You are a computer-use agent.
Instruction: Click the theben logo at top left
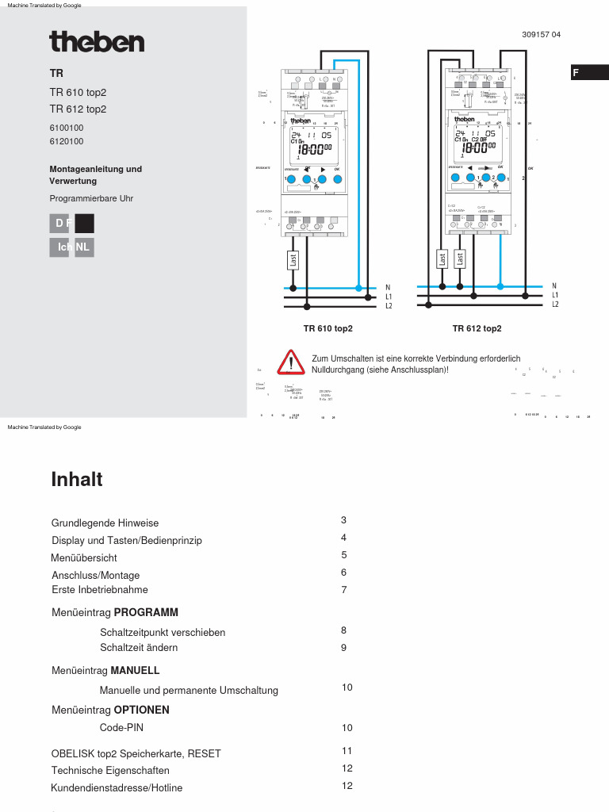[x=97, y=41]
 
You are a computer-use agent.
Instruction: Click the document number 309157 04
[x=542, y=35]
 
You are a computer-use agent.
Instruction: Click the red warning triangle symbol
[x=291, y=362]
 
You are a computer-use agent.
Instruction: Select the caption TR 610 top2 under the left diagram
[x=327, y=328]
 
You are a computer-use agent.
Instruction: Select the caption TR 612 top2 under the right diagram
[x=477, y=328]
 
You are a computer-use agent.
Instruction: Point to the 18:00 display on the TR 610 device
[x=315, y=149]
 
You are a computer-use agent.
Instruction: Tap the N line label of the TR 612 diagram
[x=554, y=286]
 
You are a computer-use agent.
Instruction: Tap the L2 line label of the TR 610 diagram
[x=389, y=305]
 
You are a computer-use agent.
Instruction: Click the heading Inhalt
[x=77, y=480]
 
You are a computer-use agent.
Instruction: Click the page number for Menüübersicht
[x=344, y=555]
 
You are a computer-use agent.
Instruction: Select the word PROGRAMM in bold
[x=146, y=612]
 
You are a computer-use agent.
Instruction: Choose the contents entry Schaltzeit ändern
[x=139, y=648]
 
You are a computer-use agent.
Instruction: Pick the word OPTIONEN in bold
[x=141, y=710]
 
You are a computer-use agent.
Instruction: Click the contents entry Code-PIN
[x=121, y=727]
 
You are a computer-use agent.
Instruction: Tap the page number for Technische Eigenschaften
[x=347, y=768]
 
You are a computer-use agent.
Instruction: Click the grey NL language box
[x=83, y=247]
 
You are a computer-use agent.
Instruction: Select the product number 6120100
[x=67, y=142]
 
